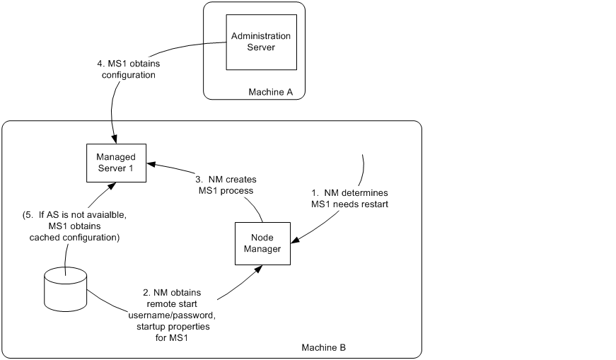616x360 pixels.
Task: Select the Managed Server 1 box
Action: (x=115, y=162)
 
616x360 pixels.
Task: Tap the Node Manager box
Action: (x=262, y=243)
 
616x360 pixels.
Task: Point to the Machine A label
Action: (x=270, y=93)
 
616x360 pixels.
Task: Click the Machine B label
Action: (x=324, y=348)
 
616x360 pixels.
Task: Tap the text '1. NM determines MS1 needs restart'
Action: (x=350, y=198)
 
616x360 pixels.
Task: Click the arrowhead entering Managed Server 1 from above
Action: (x=115, y=139)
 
